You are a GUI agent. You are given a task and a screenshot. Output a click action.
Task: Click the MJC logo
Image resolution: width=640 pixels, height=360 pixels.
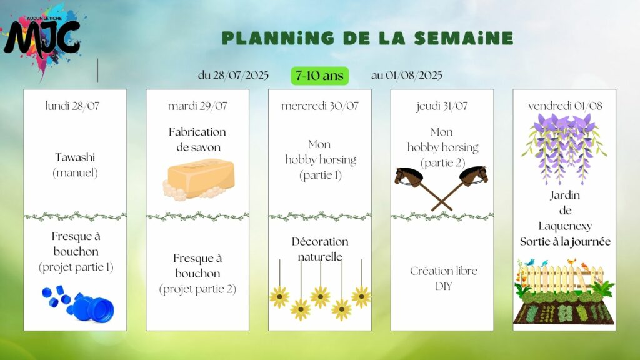[x=43, y=39]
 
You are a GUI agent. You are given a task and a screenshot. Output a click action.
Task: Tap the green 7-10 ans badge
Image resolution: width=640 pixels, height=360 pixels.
[x=319, y=76]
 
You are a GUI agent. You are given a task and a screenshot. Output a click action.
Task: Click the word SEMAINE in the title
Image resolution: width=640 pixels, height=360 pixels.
[x=463, y=38]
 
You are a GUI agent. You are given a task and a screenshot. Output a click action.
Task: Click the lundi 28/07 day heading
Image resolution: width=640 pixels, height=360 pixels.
[x=72, y=106]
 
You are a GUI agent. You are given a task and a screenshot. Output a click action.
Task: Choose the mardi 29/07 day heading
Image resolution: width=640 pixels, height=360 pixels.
[x=197, y=106]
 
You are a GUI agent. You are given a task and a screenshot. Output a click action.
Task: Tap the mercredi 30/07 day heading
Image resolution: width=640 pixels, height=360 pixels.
[x=319, y=106]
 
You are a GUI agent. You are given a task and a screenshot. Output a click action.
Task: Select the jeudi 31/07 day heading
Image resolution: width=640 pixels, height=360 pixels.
[x=442, y=106]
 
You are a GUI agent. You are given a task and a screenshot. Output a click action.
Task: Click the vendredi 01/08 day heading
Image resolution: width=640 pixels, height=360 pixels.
[x=565, y=106]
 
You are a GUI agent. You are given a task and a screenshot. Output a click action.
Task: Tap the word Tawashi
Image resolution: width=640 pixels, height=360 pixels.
[x=75, y=157]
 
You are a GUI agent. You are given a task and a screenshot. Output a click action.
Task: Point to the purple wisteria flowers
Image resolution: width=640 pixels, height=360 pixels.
[x=564, y=147]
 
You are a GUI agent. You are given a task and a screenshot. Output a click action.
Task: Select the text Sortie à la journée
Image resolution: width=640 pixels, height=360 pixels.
[x=565, y=242]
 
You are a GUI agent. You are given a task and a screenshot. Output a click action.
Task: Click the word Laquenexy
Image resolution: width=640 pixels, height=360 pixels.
[x=565, y=226]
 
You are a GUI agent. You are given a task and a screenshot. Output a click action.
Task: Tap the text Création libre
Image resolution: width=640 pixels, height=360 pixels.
[x=444, y=271]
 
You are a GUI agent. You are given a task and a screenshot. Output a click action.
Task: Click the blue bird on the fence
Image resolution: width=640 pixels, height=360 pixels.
[x=530, y=262]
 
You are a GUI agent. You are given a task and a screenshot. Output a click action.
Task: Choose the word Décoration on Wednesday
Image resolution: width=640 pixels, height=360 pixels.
[x=320, y=242]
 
